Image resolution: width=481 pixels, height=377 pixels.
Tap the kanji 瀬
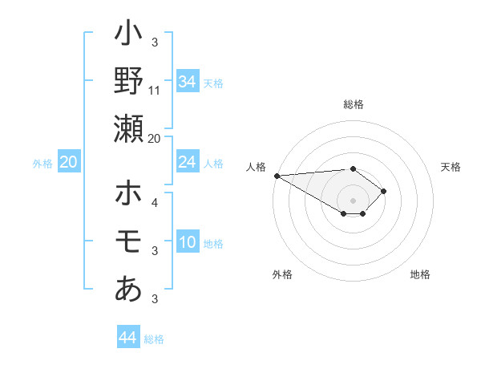point(128,128)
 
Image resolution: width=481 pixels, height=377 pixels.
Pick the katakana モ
point(128,241)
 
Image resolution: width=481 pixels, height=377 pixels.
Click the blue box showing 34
point(188,81)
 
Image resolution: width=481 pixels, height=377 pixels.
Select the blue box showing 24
point(188,163)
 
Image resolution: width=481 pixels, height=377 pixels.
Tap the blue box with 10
point(188,242)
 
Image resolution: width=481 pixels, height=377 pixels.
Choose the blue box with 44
point(127,338)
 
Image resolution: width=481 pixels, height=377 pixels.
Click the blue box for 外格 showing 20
point(68,163)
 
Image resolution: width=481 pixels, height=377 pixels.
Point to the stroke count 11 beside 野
point(155,91)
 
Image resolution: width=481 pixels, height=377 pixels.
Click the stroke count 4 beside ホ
point(155,202)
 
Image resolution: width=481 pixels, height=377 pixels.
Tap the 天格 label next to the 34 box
point(213,83)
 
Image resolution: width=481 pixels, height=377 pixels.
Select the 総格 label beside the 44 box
point(154,339)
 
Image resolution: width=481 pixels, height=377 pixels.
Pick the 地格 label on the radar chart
point(420,274)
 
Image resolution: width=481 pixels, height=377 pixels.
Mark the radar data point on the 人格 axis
point(277,176)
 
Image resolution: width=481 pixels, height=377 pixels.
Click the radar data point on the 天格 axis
point(385,191)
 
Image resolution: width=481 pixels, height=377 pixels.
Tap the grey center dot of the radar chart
point(353,200)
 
